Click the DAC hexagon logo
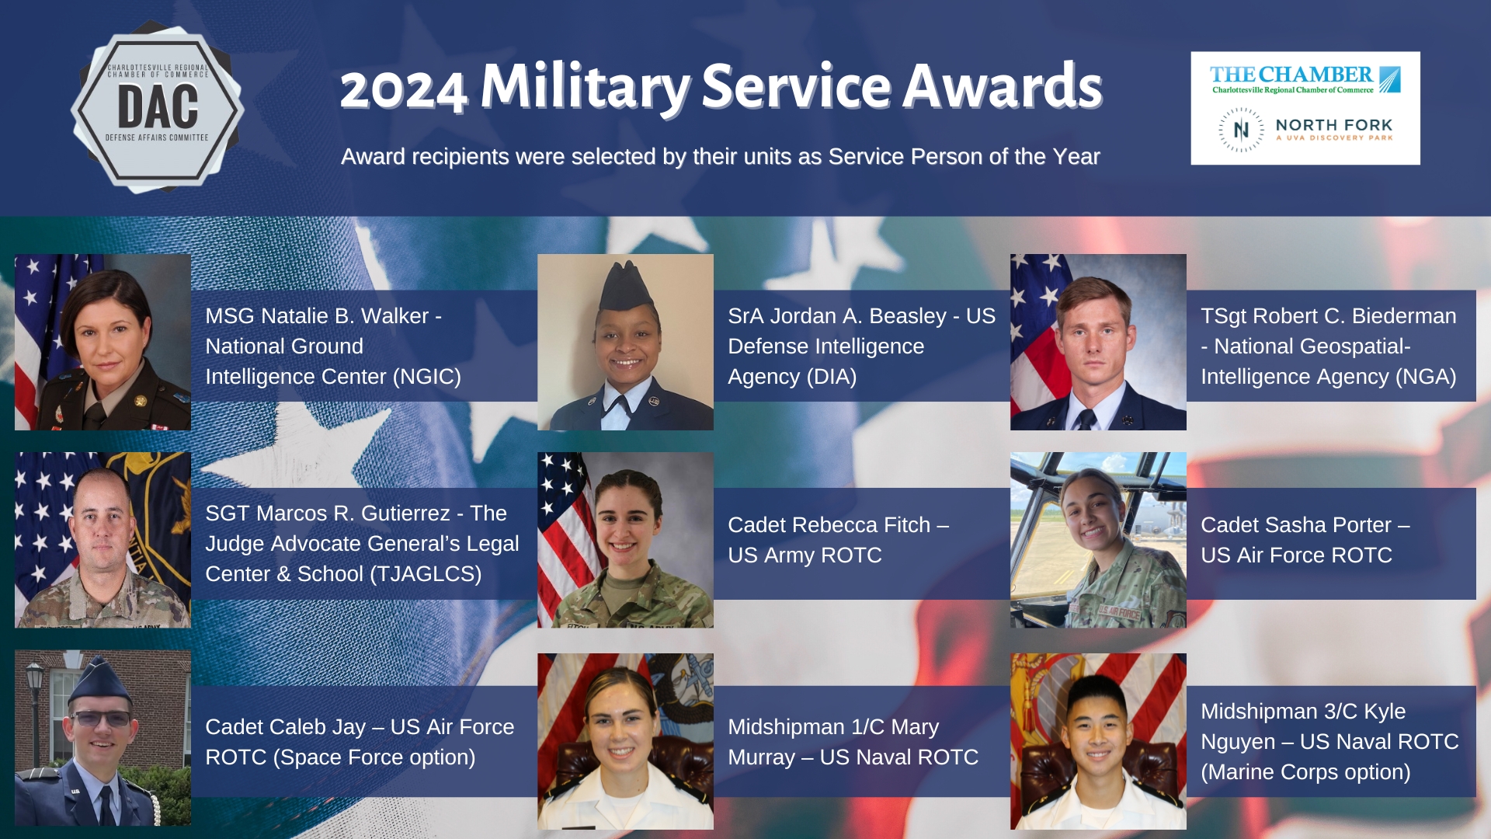point(158,109)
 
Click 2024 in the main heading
point(403,89)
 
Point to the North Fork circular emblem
point(1241,130)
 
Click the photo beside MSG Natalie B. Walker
point(103,342)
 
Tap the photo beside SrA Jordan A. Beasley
point(625,342)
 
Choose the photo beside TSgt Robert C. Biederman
point(1098,342)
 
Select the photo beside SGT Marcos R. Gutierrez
point(103,540)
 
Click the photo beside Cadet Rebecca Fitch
point(625,540)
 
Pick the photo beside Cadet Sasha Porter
point(1098,540)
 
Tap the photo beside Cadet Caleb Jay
point(103,738)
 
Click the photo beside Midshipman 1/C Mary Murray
point(625,741)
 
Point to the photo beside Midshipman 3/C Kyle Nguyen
point(1098,741)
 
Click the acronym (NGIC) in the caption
point(426,377)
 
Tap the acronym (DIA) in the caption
point(831,377)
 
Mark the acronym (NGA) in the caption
point(1426,377)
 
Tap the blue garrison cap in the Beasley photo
point(624,286)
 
